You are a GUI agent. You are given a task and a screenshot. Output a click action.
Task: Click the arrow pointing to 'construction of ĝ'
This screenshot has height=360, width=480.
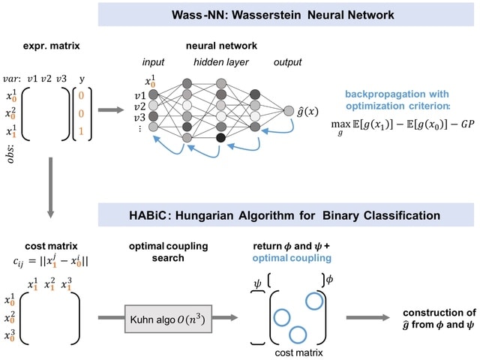(x=366, y=317)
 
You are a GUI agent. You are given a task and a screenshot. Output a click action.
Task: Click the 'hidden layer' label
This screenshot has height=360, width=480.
(x=222, y=61)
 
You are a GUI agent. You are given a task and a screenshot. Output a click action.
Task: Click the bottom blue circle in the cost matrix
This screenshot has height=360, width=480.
(x=297, y=334)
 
